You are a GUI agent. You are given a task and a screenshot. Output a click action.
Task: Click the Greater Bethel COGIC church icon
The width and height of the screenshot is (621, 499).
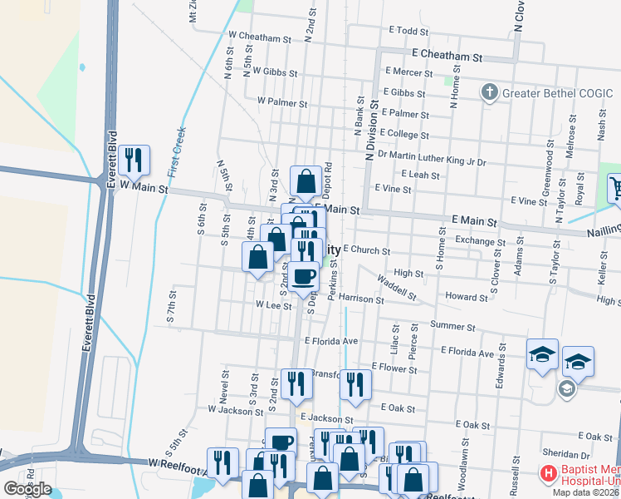(x=490, y=91)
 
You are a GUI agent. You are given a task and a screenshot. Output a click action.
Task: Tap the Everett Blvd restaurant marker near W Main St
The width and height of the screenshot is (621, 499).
(x=133, y=160)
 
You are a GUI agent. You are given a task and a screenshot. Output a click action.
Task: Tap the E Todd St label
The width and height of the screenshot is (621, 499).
(x=408, y=31)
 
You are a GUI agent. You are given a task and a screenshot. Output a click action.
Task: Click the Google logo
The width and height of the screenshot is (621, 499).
(x=27, y=488)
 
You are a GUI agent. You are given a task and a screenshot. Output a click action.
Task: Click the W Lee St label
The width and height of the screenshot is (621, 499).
(x=274, y=305)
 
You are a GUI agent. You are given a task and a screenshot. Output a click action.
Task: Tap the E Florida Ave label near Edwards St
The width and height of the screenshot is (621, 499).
(x=467, y=353)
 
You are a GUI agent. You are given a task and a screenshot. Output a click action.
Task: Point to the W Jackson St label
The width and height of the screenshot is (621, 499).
(x=235, y=410)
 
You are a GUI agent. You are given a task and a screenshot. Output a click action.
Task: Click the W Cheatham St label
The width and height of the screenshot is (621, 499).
(x=259, y=37)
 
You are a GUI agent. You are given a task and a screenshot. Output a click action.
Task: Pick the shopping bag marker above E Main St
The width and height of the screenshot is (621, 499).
(x=306, y=180)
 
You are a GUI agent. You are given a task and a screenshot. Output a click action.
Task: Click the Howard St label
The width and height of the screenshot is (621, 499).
(x=466, y=297)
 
